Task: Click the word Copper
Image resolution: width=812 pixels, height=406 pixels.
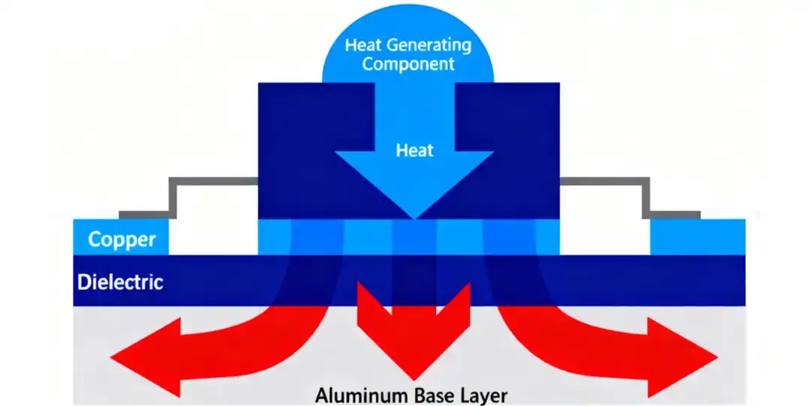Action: click(x=122, y=240)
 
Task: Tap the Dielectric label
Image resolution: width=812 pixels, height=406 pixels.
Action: click(x=120, y=283)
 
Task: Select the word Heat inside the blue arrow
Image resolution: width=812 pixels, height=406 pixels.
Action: click(x=415, y=150)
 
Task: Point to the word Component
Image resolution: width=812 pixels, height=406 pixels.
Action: click(x=408, y=64)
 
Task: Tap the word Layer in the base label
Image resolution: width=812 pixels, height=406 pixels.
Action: click(x=485, y=394)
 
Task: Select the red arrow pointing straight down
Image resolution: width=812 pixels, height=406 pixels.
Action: click(x=412, y=331)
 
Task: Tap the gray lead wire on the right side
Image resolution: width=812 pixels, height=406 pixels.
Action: click(x=647, y=197)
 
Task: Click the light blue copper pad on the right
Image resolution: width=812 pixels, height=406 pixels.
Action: click(x=697, y=236)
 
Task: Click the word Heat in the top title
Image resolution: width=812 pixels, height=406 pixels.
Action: click(x=359, y=45)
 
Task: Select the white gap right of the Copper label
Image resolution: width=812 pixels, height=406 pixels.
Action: click(x=214, y=236)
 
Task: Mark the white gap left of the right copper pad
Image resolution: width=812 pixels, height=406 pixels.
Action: click(x=605, y=236)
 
